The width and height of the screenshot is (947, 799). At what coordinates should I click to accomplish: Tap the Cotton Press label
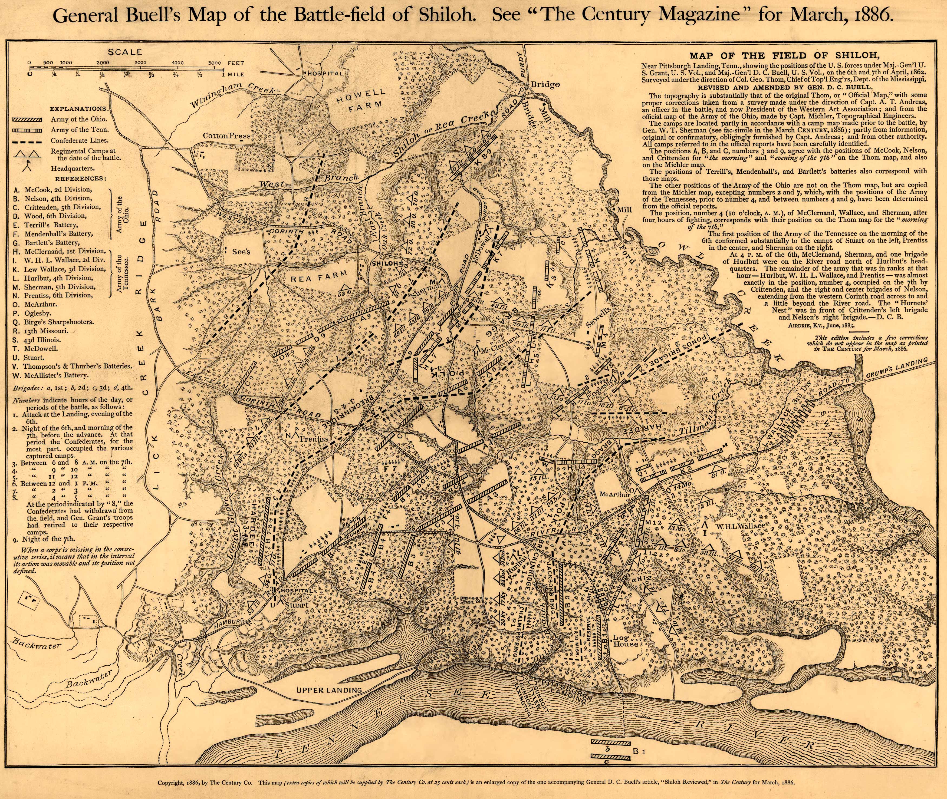pyautogui.click(x=226, y=136)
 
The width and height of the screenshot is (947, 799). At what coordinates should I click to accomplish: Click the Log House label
pyautogui.click(x=626, y=641)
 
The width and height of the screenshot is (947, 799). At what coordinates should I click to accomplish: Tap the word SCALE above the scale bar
pyautogui.click(x=125, y=52)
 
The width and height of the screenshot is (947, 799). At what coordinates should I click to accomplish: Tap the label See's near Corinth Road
pyautogui.click(x=241, y=252)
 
